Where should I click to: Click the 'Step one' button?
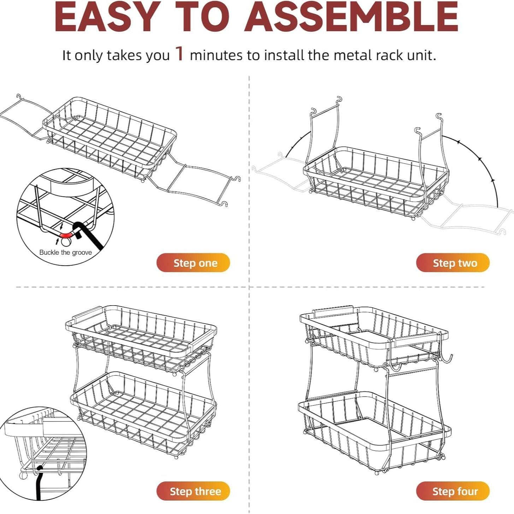click(x=193, y=263)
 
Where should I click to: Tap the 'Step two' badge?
click(x=453, y=263)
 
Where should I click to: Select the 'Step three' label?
click(x=193, y=491)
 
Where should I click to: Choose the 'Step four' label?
click(x=453, y=491)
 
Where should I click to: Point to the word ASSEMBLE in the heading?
click(x=351, y=17)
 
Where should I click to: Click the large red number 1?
click(x=180, y=54)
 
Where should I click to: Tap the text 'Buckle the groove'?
click(x=65, y=252)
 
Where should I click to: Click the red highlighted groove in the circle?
click(x=66, y=234)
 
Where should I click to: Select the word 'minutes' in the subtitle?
click(x=216, y=55)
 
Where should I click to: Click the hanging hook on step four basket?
click(x=446, y=359)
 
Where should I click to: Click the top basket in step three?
click(x=141, y=336)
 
